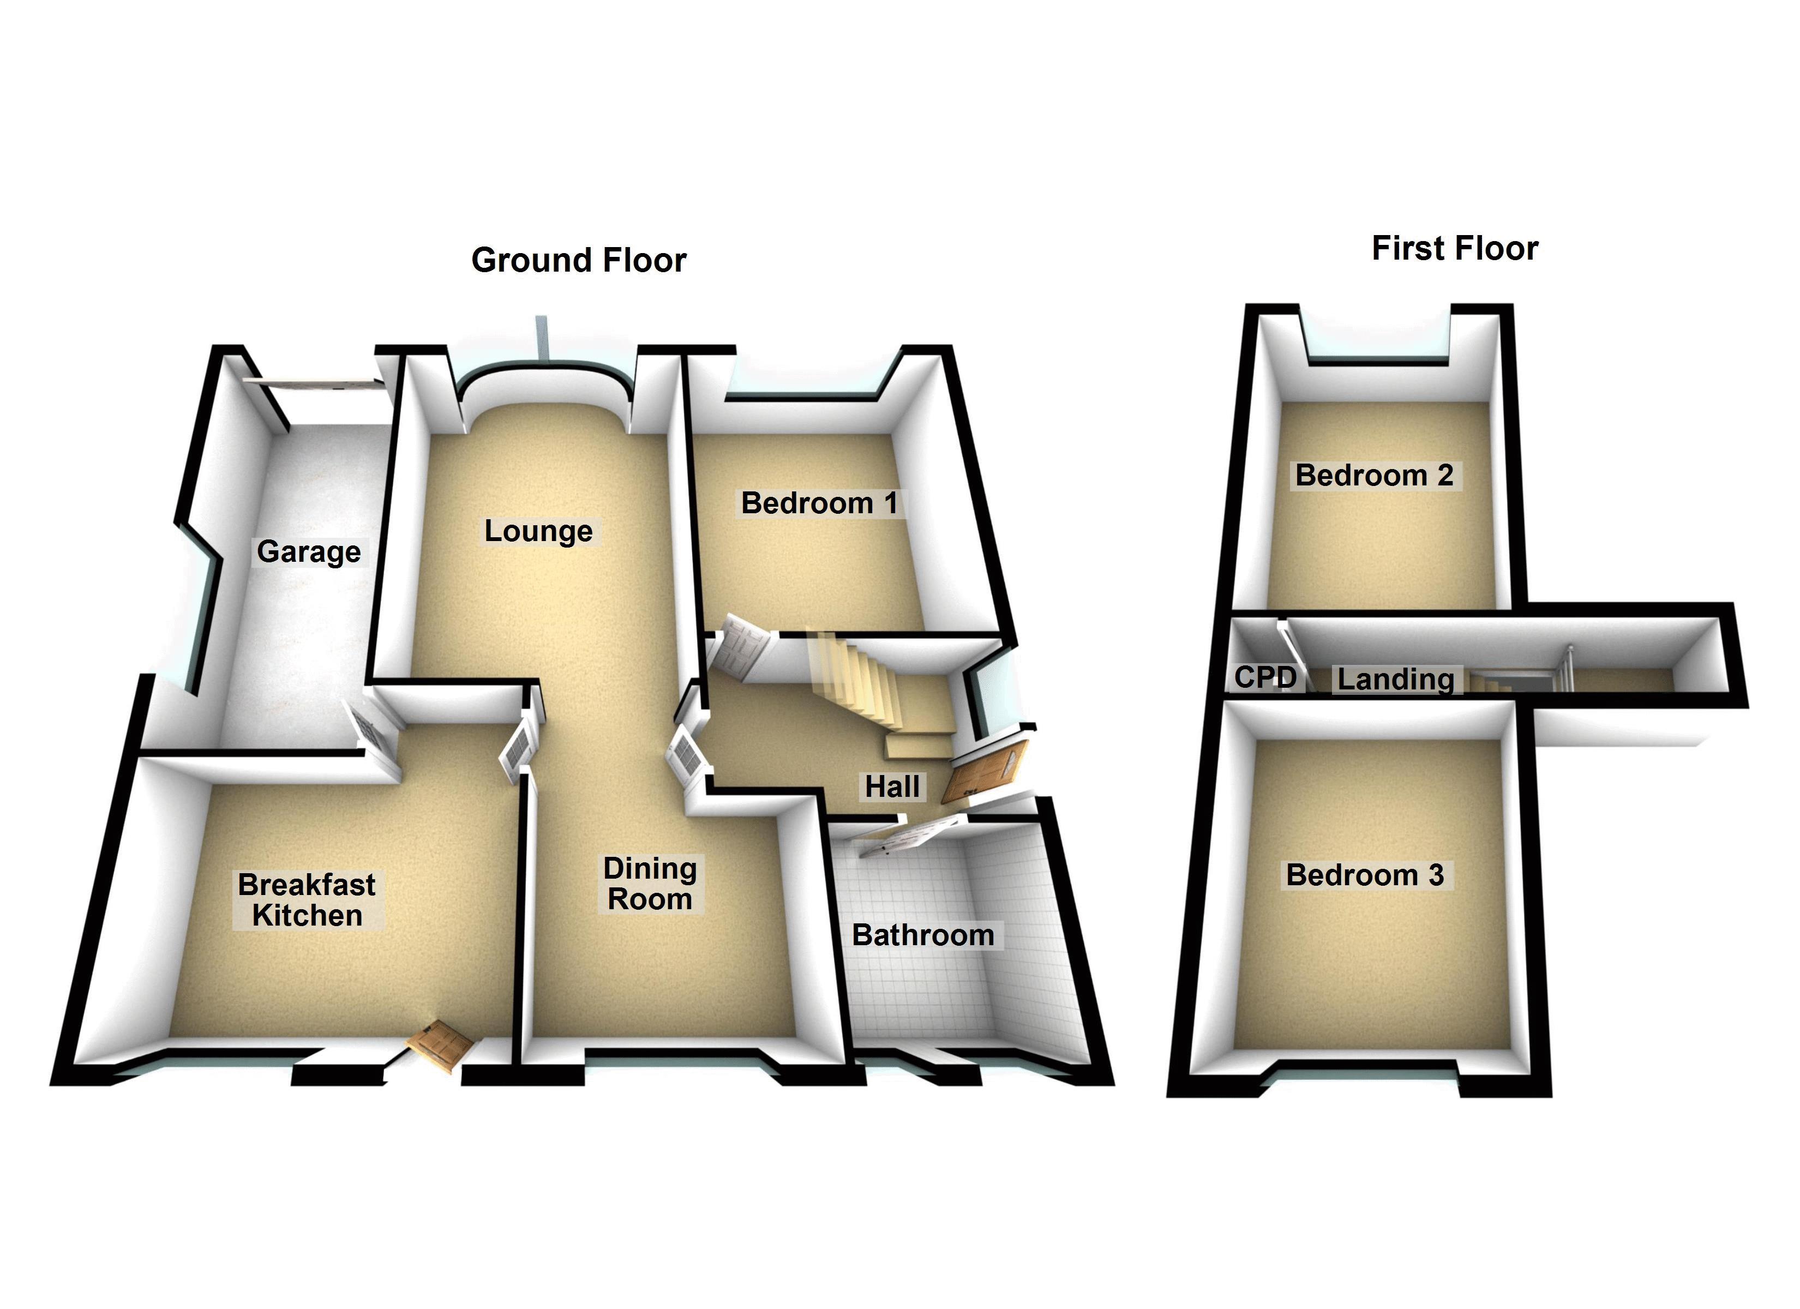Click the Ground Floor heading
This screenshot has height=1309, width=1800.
[x=579, y=260]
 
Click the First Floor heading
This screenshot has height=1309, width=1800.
[x=1454, y=249]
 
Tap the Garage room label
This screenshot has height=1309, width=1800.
[x=309, y=552]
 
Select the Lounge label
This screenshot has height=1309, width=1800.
[x=538, y=531]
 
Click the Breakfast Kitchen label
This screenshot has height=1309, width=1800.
[x=307, y=900]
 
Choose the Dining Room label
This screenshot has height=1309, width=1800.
[x=650, y=884]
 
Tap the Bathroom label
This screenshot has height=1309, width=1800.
[x=922, y=935]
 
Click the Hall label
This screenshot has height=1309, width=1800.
[x=892, y=786]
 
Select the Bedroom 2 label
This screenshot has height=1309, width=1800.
[x=1374, y=476]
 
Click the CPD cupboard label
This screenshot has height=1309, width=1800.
[x=1265, y=677]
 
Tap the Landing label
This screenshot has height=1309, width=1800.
[x=1395, y=680]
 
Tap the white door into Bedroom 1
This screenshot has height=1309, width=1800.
[x=742, y=646]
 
